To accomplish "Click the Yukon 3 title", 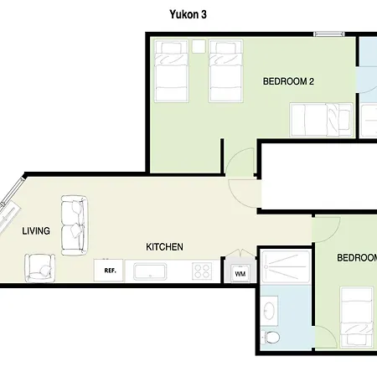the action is (188, 14).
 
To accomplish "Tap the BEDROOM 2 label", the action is (288, 81).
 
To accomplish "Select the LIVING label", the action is (36, 231).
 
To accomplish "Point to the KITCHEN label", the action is (164, 247).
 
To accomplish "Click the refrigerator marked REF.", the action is (108, 271).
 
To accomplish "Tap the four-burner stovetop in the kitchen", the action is (202, 271).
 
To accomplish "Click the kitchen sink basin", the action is (150, 271).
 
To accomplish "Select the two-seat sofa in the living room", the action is (75, 225).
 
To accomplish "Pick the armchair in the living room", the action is (39, 268).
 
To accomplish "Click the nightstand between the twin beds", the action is (199, 46).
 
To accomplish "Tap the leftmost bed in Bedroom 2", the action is (171, 71).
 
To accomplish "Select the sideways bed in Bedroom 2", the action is (322, 120).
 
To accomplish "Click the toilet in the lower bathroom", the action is (270, 337).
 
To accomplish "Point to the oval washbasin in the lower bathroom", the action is (270, 311).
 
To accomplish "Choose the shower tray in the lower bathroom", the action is (286, 267).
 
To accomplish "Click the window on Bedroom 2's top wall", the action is (329, 34).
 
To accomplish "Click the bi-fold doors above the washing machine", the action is (240, 252).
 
